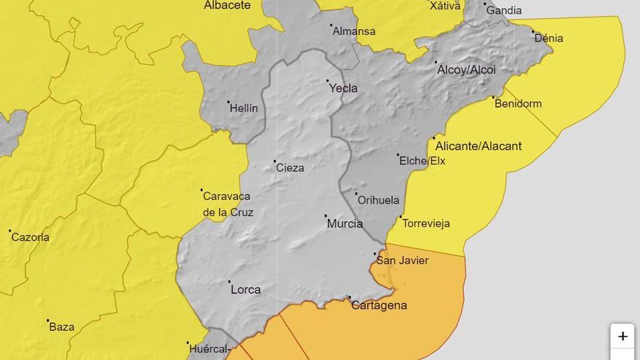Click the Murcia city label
[345, 223]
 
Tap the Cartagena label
[379, 305]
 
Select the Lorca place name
[245, 289]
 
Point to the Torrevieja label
[426, 223]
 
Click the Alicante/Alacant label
[479, 146]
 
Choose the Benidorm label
[518, 103]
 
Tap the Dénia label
[548, 38]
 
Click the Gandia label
[504, 10]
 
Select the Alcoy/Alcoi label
[466, 70]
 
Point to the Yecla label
[343, 88]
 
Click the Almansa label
[353, 31]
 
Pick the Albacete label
[227, 5]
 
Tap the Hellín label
[244, 108]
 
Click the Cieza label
[290, 167]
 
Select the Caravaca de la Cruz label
[227, 204]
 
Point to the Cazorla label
[31, 237]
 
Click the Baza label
[62, 327]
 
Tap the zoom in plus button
[623, 337]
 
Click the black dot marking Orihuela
[356, 193]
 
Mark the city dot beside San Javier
[375, 254]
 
